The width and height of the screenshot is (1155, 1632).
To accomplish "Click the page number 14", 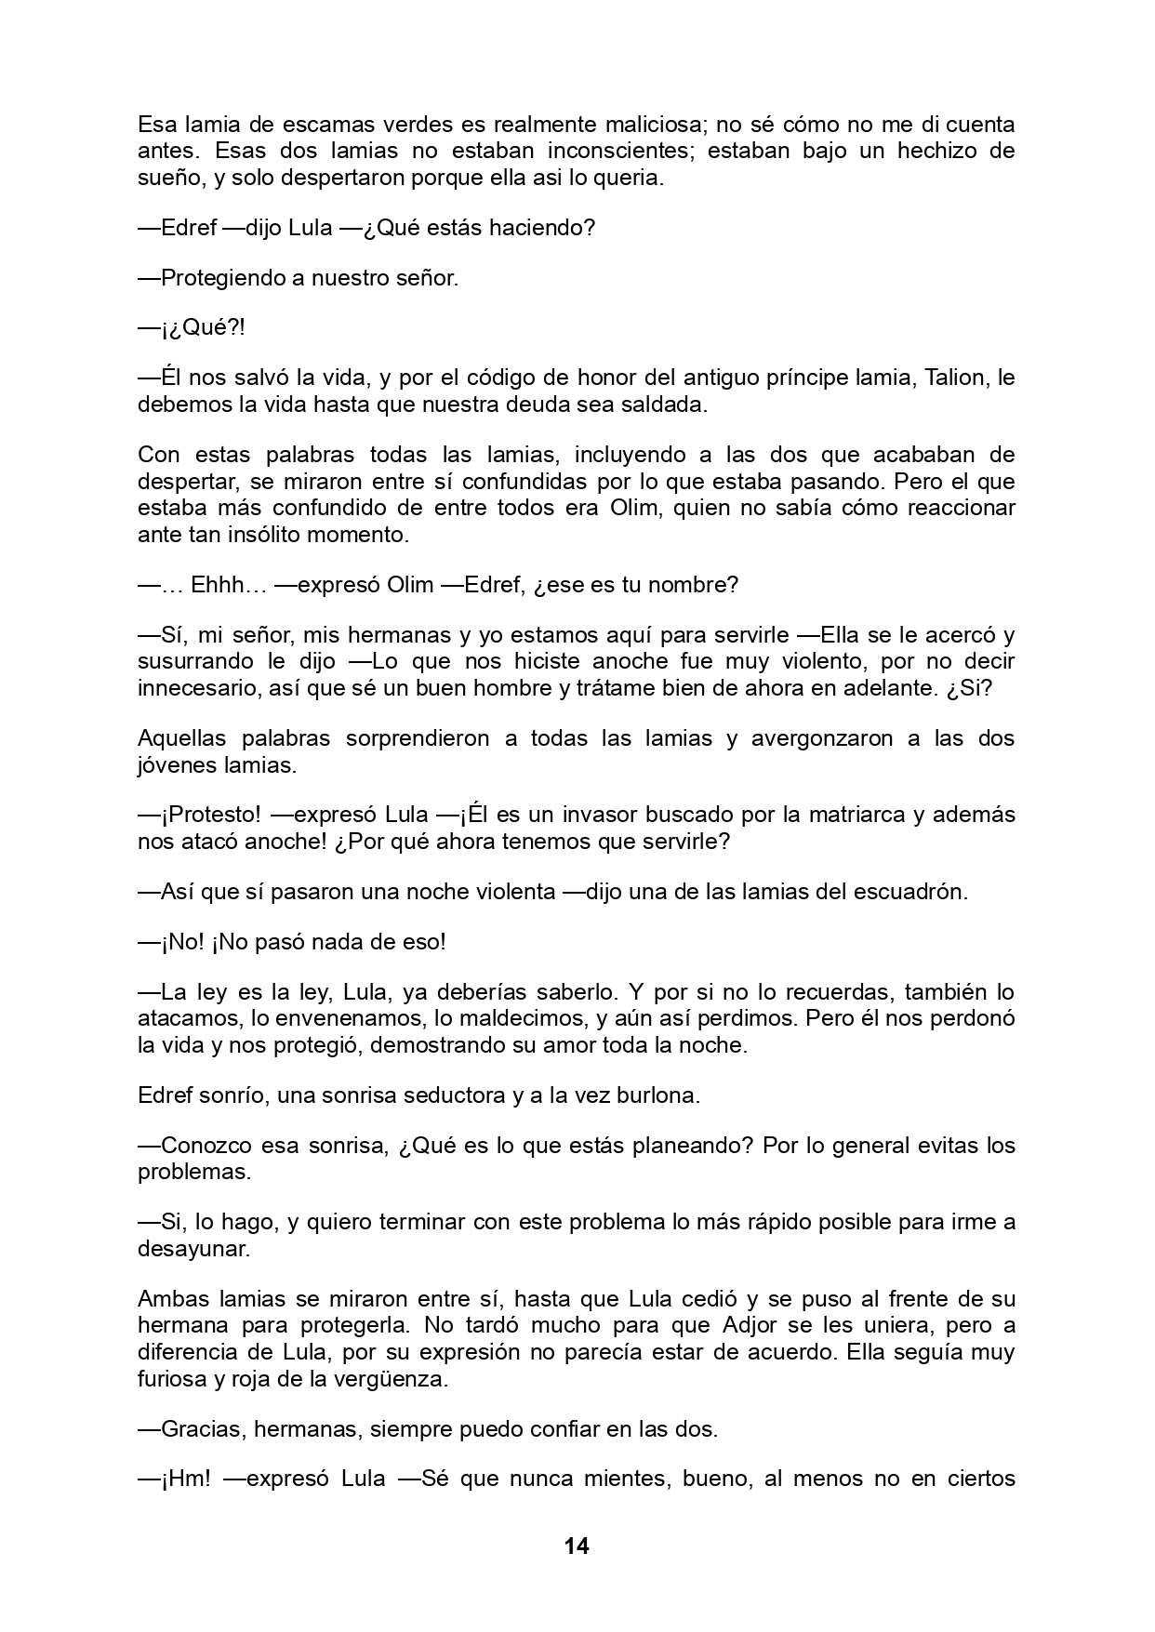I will [577, 1546].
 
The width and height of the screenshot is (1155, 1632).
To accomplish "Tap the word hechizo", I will [955, 151].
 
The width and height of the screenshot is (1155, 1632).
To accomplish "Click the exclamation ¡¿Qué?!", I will [192, 328].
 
